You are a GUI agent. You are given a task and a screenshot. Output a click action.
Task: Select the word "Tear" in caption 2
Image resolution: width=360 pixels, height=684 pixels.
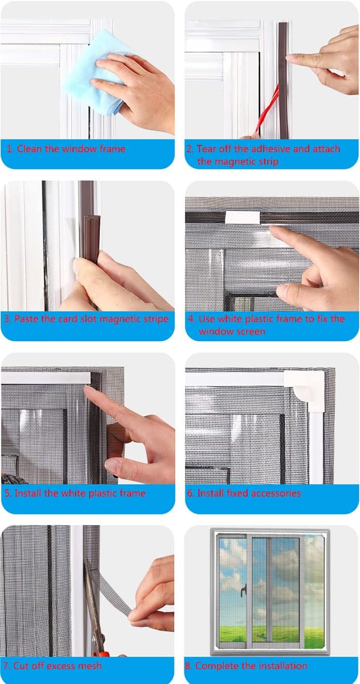click(208, 149)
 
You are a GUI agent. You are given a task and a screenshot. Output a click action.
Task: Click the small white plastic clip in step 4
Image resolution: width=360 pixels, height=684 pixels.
click(241, 217)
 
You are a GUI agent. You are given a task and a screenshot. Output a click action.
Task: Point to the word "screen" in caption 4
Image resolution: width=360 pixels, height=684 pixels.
click(251, 331)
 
